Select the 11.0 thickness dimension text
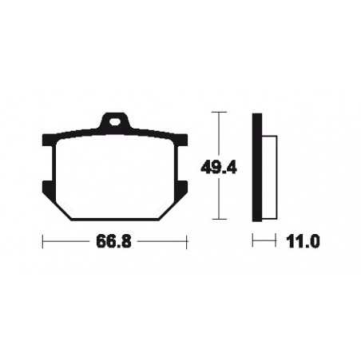[302, 240]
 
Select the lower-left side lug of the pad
[46, 189]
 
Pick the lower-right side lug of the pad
[184, 189]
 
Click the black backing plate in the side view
[257, 167]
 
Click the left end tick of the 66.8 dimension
[43, 240]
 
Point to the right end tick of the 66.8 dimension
[188, 240]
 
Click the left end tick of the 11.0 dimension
[254, 240]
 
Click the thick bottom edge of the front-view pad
[116, 219]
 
